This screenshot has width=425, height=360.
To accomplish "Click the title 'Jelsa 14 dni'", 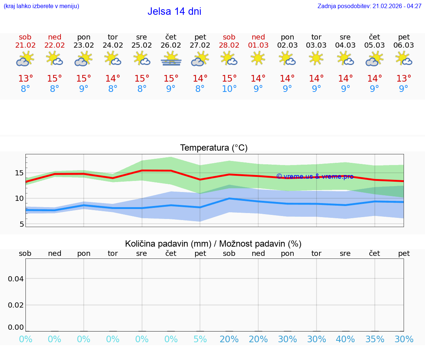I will pyautogui.click(x=174, y=11).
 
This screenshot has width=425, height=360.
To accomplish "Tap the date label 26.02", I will pyautogui.click(x=171, y=45).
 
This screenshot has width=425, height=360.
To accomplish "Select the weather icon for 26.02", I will pyautogui.click(x=171, y=59).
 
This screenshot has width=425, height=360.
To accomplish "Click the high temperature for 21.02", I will pyautogui.click(x=25, y=79).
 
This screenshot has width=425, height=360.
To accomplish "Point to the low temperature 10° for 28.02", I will pyautogui.click(x=229, y=89).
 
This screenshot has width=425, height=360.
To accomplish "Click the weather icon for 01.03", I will pyautogui.click(x=258, y=58).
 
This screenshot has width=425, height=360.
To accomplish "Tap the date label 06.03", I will pyautogui.click(x=404, y=45).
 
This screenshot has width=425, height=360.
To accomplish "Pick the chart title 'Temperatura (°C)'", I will pyautogui.click(x=214, y=148).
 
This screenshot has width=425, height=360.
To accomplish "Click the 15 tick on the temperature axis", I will pyautogui.click(x=20, y=173).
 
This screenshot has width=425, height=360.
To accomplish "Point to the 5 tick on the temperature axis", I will pyautogui.click(x=21, y=224).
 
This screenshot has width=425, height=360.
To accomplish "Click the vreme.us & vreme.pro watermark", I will pyautogui.click(x=315, y=176).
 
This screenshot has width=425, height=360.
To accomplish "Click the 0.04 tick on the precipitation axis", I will pyautogui.click(x=16, y=279).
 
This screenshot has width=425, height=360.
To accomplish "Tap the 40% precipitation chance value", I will pyautogui.click(x=345, y=339).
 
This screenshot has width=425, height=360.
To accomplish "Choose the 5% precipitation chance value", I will pyautogui.click(x=200, y=339).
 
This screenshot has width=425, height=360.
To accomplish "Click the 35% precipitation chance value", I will pyautogui.click(x=375, y=339).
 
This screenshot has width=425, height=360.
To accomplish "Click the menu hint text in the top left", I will pyautogui.click(x=41, y=6).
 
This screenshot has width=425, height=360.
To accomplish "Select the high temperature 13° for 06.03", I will pyautogui.click(x=404, y=79).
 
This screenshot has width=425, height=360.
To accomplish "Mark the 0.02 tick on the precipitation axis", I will pyautogui.click(x=16, y=305).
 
